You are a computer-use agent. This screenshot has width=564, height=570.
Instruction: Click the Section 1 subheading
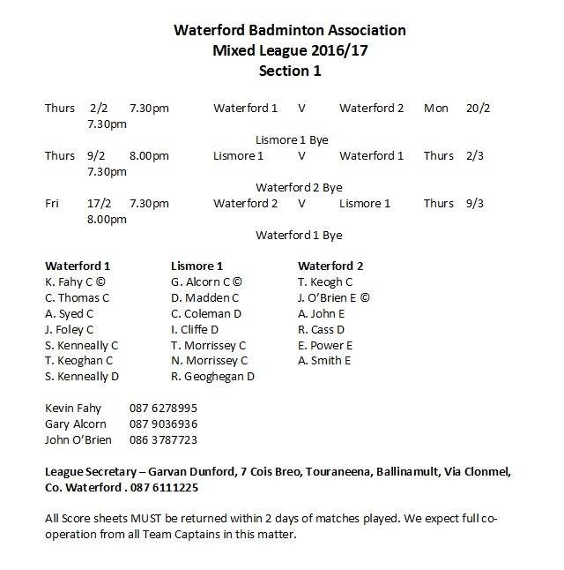pos(289,71)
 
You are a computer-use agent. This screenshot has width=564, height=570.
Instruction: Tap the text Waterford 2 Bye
pos(298,187)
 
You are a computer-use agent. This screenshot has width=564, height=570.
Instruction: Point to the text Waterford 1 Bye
pos(298,235)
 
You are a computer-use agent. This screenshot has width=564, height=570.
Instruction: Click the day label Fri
pos(53,203)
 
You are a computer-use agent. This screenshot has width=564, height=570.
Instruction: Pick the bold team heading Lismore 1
pos(197,266)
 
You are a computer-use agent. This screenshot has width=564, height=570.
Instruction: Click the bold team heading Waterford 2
pos(330,266)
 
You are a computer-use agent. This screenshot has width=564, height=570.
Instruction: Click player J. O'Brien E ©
pos(334,297)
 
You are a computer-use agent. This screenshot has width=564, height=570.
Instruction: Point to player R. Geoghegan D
pos(212,377)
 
